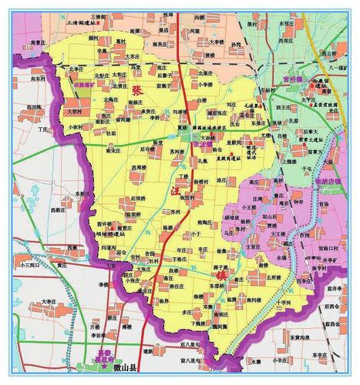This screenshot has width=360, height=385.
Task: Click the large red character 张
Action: coord(139,92)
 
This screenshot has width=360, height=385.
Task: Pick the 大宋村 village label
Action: coord(75,111)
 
